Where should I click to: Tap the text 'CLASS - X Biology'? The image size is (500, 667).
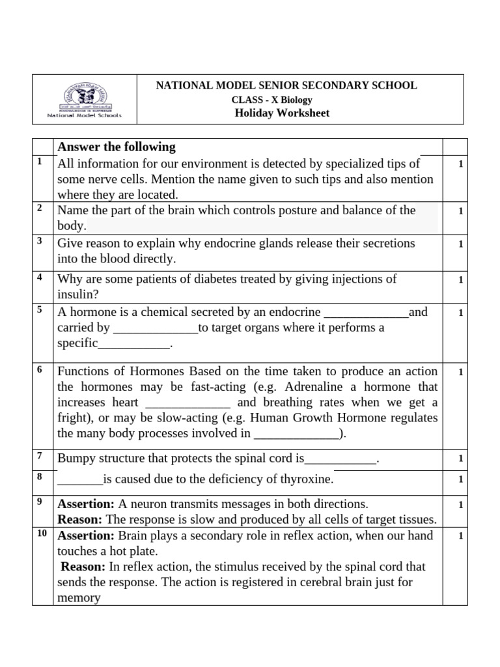(x=272, y=100)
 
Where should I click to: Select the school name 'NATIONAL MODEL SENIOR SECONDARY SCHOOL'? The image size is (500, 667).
(x=286, y=85)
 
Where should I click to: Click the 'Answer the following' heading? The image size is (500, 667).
(x=117, y=147)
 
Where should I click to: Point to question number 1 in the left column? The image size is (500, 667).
(x=40, y=161)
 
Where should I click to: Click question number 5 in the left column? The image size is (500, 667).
(x=40, y=309)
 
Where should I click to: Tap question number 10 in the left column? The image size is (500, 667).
(x=42, y=533)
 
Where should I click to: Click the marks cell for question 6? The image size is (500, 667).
(x=460, y=372)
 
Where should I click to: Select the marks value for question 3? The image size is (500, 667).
(x=460, y=244)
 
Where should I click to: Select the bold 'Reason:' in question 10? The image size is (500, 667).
(x=83, y=567)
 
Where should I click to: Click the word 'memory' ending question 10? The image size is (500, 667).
(x=79, y=598)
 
